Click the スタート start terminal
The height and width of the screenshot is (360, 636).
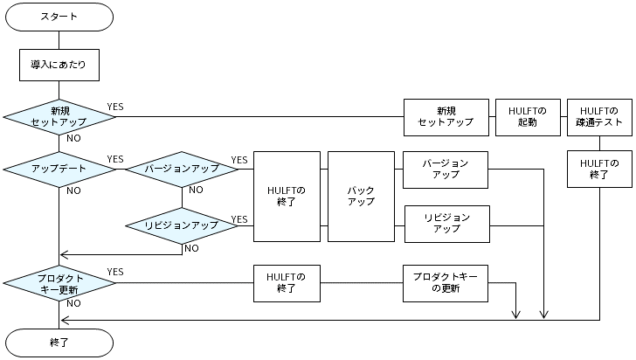coord(59,17)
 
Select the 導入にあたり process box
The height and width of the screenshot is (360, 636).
coord(59,64)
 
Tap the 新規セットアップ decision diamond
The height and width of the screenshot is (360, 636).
coord(59,116)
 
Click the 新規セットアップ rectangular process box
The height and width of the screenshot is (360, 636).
coord(446,116)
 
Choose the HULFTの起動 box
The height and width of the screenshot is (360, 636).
coord(527,116)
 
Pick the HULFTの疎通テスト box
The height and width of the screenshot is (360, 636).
coord(599,116)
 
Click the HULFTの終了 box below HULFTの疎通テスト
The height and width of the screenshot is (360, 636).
coord(599,169)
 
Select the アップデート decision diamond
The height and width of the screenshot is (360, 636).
coord(59,169)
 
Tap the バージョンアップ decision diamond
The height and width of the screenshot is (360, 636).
coord(182,169)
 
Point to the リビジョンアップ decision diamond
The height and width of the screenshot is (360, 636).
coord(182,225)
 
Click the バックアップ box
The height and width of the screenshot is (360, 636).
coord(361,196)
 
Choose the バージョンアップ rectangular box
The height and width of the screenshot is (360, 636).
coord(446,169)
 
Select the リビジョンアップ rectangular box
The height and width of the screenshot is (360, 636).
coord(446,224)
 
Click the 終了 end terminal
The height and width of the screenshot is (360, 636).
coord(59,343)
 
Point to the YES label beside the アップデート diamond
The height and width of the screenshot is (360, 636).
coord(115,159)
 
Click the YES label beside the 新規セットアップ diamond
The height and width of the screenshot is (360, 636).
coord(115,107)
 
